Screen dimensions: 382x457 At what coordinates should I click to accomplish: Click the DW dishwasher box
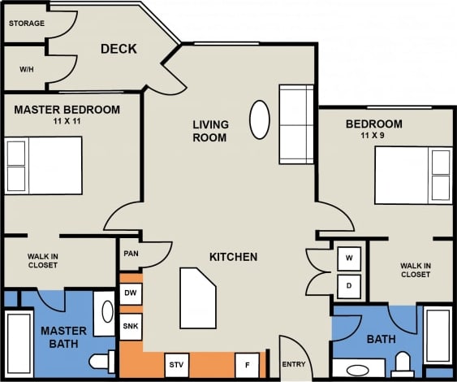(131, 293)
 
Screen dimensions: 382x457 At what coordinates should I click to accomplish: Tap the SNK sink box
(131, 326)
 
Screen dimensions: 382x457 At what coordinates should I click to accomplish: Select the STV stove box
(176, 364)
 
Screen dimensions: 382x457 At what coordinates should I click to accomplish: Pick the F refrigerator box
(246, 364)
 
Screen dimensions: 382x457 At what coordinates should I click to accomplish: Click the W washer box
(350, 258)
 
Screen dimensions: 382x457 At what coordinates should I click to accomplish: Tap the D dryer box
(350, 286)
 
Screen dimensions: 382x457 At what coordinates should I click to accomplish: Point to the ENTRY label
(293, 364)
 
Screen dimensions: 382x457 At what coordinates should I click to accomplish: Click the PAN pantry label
(131, 254)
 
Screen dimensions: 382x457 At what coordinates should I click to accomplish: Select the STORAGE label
(26, 24)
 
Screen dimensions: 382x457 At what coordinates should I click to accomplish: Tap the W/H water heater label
(27, 69)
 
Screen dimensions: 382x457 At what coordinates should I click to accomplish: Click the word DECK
(119, 50)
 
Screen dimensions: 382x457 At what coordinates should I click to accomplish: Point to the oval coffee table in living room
(259, 119)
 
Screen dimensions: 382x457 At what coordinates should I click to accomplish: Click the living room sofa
(295, 124)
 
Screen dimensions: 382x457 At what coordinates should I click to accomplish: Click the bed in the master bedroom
(44, 165)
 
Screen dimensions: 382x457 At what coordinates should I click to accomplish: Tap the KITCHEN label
(233, 257)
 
